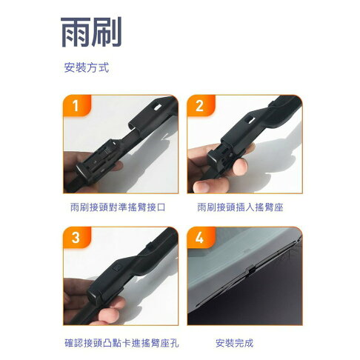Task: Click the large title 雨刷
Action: pos(91,32)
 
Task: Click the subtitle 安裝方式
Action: pos(87,67)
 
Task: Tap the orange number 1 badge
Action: pos(77,105)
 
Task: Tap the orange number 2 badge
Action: pos(201,105)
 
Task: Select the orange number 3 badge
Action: pos(77,238)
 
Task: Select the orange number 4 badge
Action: pos(201,238)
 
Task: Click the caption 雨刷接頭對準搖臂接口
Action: pos(118,207)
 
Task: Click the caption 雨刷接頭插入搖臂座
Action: pos(240,207)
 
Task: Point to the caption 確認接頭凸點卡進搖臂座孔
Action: pos(121,343)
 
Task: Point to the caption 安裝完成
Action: pos(235,343)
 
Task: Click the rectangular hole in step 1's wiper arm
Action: pos(157,107)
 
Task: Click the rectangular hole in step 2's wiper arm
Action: pos(250,120)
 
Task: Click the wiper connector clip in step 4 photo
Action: pos(251,271)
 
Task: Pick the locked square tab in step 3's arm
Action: pos(117,267)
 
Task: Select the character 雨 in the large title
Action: pos(76,32)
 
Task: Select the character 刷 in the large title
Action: pos(107,32)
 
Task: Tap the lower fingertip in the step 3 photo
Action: pos(110,316)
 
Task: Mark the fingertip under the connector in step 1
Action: pos(117,166)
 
